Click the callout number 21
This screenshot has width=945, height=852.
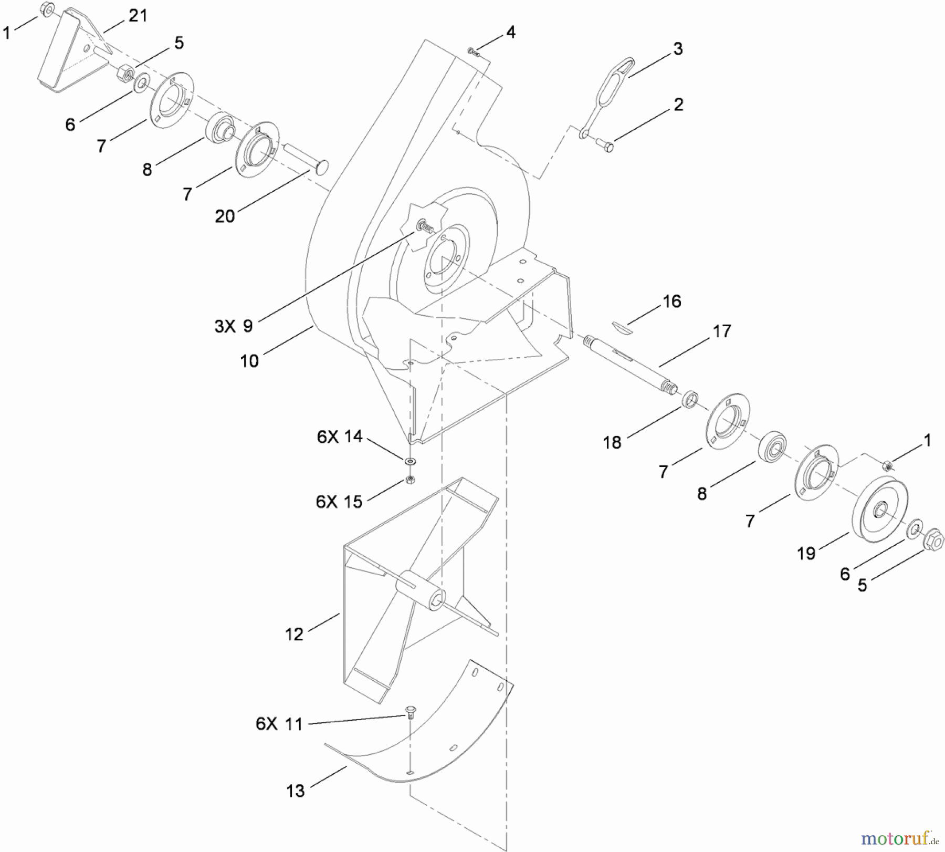click(138, 16)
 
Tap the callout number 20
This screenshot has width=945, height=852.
click(225, 216)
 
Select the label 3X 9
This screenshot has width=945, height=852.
click(234, 326)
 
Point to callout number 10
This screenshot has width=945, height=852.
click(249, 361)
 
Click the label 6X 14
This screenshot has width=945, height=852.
click(340, 437)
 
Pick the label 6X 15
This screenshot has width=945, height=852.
click(339, 502)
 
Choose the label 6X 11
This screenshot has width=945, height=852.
click(279, 724)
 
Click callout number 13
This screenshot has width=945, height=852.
click(296, 791)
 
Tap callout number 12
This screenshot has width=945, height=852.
click(294, 635)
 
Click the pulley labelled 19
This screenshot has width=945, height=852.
click(880, 509)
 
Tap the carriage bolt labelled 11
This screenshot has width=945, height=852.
click(409, 713)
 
